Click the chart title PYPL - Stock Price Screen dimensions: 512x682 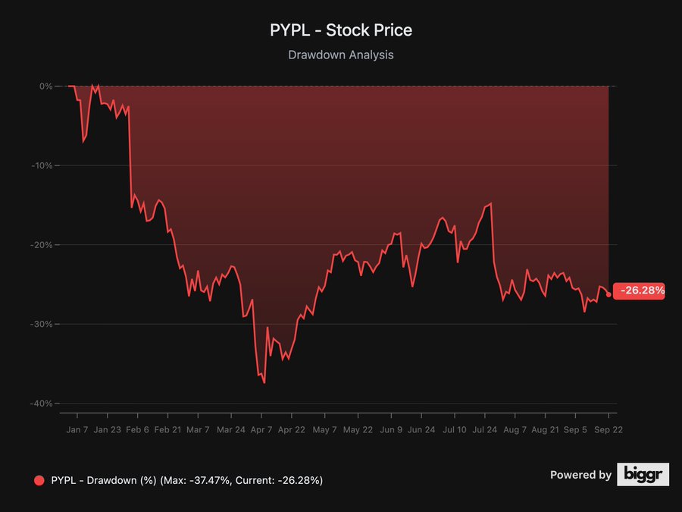pos(341,30)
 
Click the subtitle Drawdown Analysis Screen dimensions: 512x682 pos(341,55)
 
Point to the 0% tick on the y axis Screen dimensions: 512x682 pos(45,86)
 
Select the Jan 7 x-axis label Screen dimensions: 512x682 pos(77,430)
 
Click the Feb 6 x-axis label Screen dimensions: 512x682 pos(137,430)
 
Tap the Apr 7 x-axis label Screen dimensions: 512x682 pos(261,430)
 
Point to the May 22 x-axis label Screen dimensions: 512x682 pos(358,430)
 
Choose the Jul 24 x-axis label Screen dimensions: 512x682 pos(484,430)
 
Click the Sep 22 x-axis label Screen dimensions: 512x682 pos(608,430)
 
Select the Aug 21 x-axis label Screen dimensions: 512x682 pos(546,430)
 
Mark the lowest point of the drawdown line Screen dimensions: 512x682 pos(264,383)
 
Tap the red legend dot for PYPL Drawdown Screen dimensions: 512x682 pos(39,480)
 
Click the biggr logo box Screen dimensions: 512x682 pos(643,474)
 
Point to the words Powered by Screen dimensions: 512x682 pos(580,475)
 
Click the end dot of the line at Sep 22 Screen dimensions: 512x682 pos(608,294)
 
